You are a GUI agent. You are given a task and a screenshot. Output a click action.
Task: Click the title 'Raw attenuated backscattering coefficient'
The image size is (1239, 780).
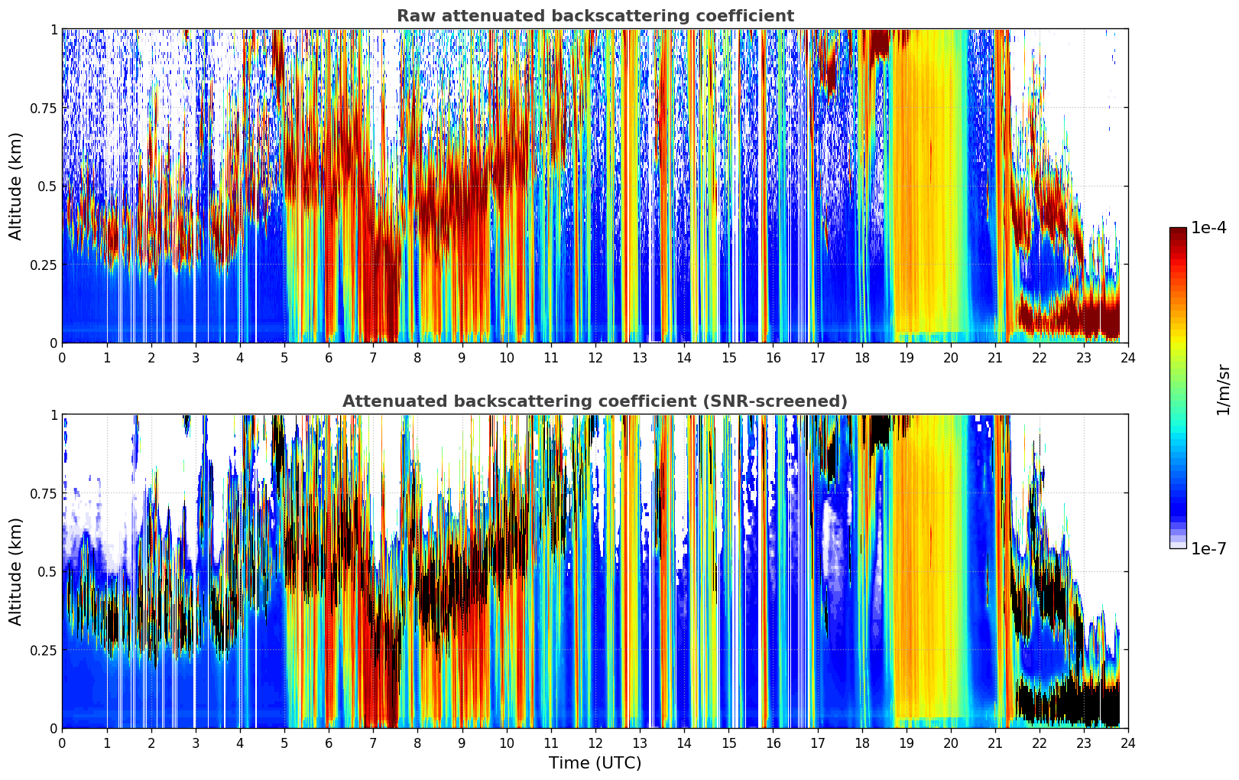[595, 16]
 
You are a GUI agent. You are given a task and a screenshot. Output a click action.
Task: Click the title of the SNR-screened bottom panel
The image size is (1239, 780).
[595, 401]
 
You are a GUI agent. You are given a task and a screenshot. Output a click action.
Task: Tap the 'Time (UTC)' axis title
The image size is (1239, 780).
[595, 763]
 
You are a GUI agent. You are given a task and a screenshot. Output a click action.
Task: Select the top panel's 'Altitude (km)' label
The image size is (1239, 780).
[16, 186]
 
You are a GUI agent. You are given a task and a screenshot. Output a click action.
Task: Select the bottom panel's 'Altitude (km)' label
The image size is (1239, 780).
[16, 571]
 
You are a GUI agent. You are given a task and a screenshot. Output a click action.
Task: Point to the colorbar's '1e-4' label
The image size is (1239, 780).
[1208, 228]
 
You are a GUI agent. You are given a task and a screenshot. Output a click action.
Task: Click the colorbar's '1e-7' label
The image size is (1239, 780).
[1208, 548]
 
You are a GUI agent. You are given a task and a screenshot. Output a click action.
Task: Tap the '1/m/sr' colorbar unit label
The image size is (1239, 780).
[1223, 389]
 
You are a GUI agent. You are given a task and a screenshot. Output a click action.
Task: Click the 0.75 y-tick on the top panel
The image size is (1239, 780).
[44, 108]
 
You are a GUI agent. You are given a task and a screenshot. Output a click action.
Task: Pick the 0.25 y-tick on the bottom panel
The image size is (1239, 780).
[44, 650]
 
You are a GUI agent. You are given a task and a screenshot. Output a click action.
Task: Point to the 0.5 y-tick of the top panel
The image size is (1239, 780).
[48, 187]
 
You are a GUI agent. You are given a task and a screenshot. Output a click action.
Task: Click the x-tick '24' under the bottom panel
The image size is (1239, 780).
[1128, 743]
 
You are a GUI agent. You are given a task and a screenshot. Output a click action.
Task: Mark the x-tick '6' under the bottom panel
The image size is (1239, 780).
[329, 743]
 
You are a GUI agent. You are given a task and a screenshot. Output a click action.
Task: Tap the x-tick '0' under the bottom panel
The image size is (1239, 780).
[62, 743]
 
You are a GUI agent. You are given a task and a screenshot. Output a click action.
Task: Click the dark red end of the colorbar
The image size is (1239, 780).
[1178, 231]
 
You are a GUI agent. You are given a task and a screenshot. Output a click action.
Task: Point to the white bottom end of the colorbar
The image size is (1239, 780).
[1178, 545]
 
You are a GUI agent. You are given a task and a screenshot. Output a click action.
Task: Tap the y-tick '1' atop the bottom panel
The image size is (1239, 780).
[54, 415]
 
